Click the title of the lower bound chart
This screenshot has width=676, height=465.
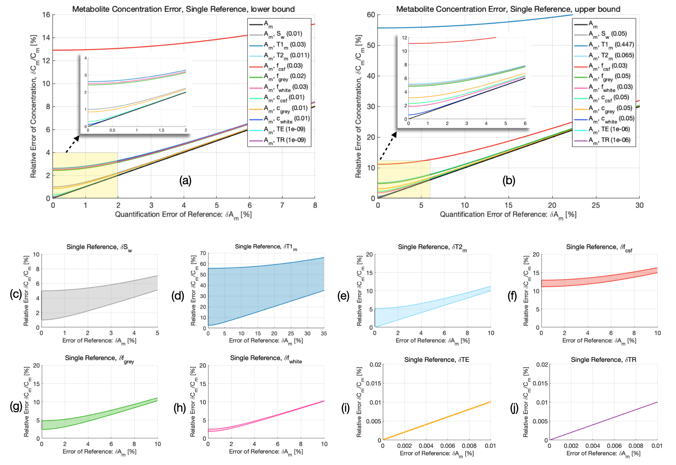(183, 9)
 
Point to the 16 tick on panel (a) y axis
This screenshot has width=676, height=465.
(46, 15)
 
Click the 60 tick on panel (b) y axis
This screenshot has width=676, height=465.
(371, 15)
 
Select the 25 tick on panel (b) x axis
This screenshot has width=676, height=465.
(596, 205)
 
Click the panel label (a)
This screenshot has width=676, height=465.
(185, 180)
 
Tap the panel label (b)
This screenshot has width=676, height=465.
(509, 180)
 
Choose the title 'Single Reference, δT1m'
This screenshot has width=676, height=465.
(266, 247)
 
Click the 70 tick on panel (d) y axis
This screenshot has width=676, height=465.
(203, 253)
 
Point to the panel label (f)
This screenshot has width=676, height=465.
(512, 296)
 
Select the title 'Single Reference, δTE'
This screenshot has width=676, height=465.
(436, 360)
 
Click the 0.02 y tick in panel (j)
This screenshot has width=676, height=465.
(542, 364)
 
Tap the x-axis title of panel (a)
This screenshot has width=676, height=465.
(183, 215)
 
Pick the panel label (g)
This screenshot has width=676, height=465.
(16, 407)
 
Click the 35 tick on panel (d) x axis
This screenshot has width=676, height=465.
(324, 333)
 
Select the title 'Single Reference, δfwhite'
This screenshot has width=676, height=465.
(266, 358)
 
